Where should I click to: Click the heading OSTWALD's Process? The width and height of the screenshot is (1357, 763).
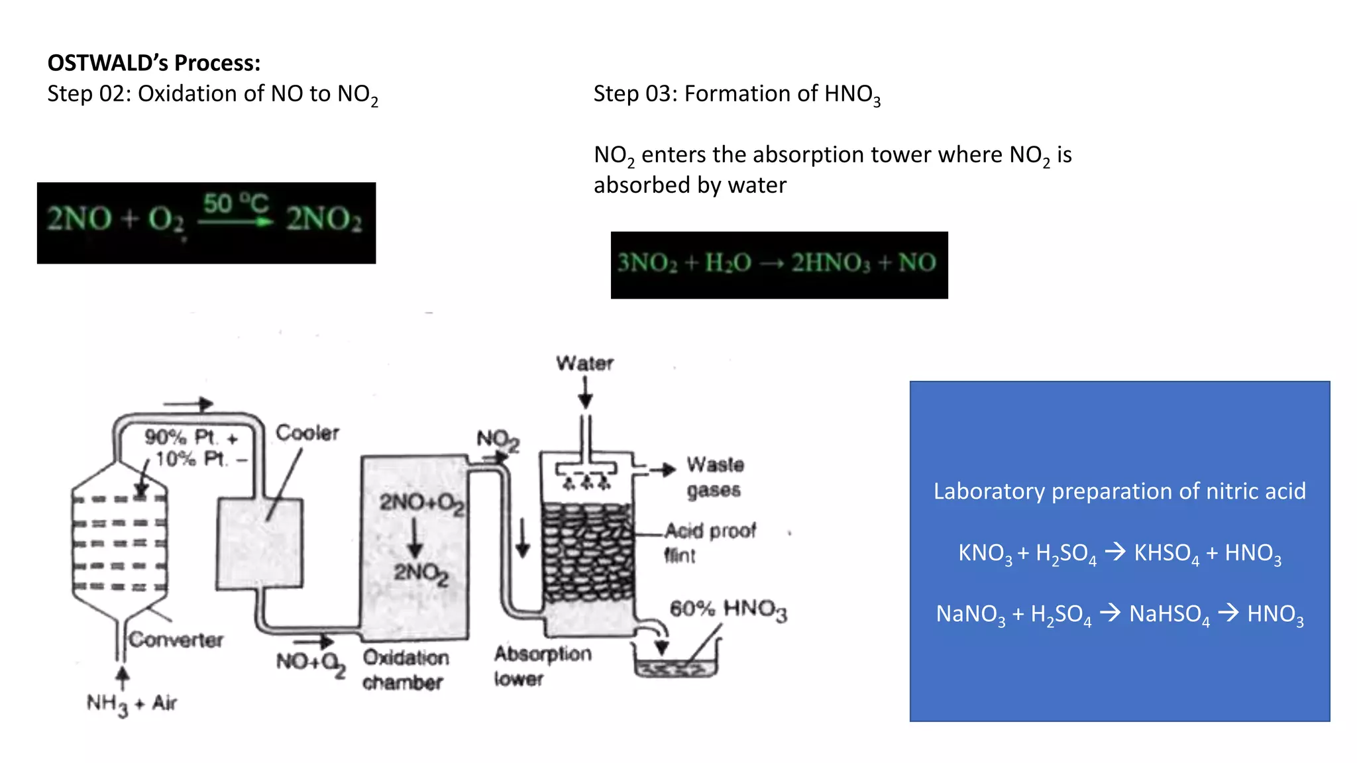coord(154,63)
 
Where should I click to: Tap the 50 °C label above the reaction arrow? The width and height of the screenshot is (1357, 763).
coord(235,203)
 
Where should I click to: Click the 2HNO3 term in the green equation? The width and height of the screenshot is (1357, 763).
coord(831,263)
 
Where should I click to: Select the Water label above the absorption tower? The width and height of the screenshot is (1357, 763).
coord(584,363)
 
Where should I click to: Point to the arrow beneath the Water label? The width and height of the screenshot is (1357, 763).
coord(585,393)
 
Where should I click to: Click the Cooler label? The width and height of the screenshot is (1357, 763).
coord(307,433)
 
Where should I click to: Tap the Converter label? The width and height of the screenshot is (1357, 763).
coord(176,640)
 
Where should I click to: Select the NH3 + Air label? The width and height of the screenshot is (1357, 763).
coord(132,704)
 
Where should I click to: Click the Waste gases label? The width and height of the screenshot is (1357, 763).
coord(714,477)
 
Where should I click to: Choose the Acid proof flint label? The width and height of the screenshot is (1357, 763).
coord(709,542)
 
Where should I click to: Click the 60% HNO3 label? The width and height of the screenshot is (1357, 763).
coord(728,609)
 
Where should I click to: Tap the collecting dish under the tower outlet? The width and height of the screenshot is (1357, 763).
coord(675,666)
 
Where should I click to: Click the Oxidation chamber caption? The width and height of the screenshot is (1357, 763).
coord(406,670)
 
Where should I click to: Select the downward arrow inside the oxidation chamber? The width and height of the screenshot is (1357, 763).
coord(415,537)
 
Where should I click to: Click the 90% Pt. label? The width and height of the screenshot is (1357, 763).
coord(181,437)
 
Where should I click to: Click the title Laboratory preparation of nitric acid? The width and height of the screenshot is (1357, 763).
coord(1119,491)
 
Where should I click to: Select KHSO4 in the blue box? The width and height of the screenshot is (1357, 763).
coord(1166,553)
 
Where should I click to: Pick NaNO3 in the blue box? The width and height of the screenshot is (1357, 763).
coord(970,614)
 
